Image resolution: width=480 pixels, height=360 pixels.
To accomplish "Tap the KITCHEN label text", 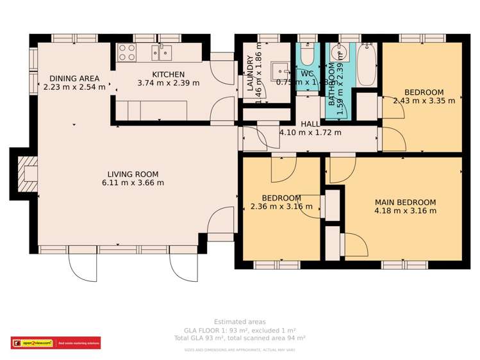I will [x=168, y=74].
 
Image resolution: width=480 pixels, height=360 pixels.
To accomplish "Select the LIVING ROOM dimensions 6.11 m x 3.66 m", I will [x=133, y=183].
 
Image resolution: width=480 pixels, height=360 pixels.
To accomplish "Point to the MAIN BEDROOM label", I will [x=405, y=202].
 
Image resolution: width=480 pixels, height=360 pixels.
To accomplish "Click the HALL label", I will [x=310, y=124].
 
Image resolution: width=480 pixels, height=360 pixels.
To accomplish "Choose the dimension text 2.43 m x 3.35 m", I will [x=424, y=101].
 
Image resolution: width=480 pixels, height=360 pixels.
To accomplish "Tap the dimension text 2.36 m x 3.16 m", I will [x=281, y=206].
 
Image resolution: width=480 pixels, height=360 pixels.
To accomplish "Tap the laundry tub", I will [x=280, y=69].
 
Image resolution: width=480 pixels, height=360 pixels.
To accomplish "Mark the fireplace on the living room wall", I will [x=28, y=174].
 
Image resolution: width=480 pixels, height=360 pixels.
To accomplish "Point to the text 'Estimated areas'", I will [x=240, y=322].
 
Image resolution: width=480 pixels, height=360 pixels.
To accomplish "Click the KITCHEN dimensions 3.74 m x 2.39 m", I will [x=168, y=83].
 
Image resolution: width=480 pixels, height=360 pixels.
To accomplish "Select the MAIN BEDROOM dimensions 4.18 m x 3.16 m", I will [x=405, y=211].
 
